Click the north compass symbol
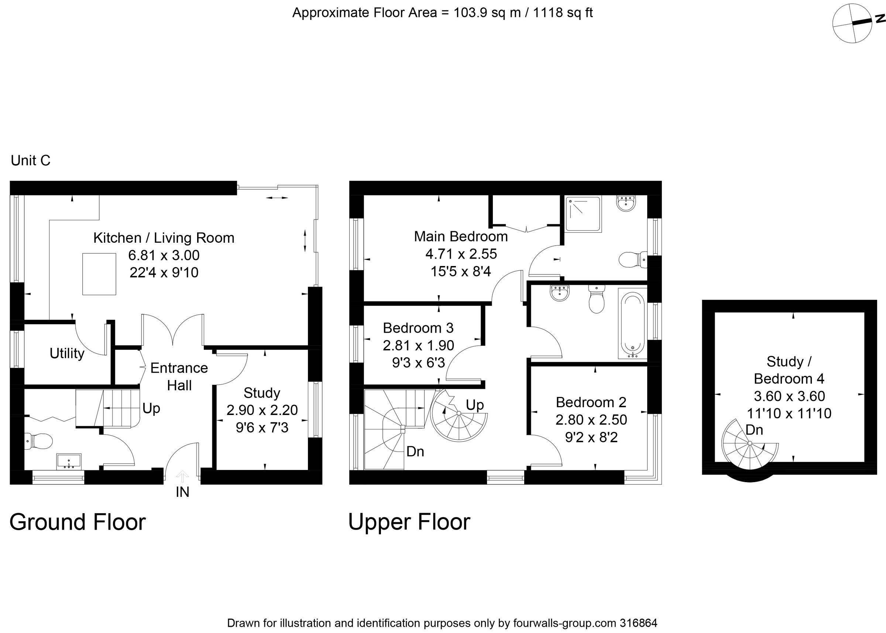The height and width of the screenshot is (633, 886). (846, 24)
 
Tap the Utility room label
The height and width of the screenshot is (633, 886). (67, 353)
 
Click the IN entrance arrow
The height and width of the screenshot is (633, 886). (182, 476)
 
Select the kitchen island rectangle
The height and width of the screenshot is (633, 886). (99, 274)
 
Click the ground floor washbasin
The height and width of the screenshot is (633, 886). (69, 461)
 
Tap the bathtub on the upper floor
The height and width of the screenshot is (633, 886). (632, 323)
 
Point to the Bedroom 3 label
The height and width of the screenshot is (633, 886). (418, 328)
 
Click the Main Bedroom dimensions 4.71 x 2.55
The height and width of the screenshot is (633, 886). (461, 254)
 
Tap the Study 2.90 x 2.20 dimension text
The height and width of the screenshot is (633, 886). (262, 410)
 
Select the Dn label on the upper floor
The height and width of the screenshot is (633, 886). (415, 452)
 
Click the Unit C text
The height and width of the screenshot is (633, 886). (30, 160)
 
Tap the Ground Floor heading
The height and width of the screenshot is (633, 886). (77, 522)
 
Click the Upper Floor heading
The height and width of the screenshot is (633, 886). (409, 522)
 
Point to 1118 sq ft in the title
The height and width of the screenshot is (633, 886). (563, 13)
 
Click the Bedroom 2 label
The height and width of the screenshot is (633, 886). (591, 402)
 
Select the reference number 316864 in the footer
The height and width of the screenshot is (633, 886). (638, 623)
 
